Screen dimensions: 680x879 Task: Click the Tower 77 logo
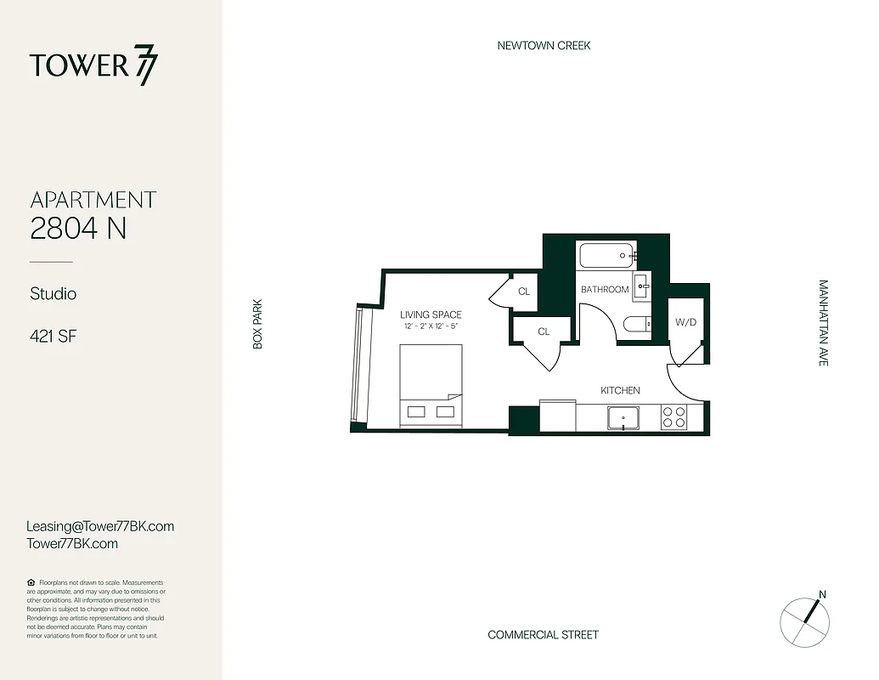pos(93,66)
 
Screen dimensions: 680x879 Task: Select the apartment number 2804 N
pos(78,228)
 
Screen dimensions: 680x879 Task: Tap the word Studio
pos(54,294)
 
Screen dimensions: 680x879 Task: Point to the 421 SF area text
pos(54,337)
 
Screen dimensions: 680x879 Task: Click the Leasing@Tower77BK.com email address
pos(100,526)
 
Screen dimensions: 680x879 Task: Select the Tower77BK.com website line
pos(72,543)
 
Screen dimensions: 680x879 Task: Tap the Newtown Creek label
pos(544,45)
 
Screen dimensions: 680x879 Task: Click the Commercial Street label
pos(543,635)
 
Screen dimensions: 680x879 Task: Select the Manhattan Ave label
pos(822,323)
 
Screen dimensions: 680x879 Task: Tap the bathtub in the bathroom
pos(606,253)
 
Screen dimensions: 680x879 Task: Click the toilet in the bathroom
pos(636,324)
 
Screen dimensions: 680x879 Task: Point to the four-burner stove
pos(673,417)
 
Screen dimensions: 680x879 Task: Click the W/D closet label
pos(686,323)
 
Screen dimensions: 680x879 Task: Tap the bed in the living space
pos(431,386)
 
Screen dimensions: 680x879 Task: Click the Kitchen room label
pos(620,390)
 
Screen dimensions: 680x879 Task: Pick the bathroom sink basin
pos(640,282)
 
